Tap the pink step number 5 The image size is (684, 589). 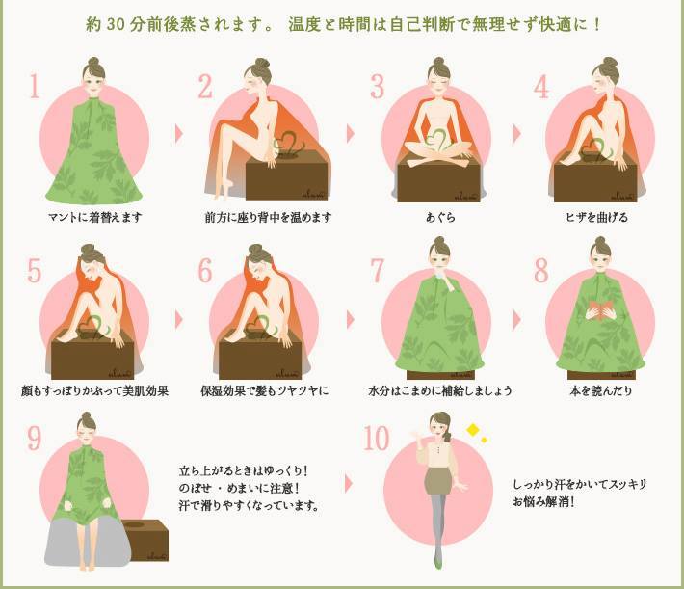34,271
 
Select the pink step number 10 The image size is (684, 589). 376,438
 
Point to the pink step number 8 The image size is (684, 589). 541,270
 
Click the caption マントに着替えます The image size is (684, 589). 95,217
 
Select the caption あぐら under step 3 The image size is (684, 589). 440,217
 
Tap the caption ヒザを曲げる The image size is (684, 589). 596,217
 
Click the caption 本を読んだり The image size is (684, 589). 601,390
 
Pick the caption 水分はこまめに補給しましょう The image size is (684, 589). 440,390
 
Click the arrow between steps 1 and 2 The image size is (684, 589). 179,134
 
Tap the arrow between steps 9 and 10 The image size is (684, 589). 349,484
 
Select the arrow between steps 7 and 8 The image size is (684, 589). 517,320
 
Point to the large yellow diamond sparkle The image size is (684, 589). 473,430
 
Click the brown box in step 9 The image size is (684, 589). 146,540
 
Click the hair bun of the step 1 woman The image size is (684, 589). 93,62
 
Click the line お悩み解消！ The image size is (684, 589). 543,501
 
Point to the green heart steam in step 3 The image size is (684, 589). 437,140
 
